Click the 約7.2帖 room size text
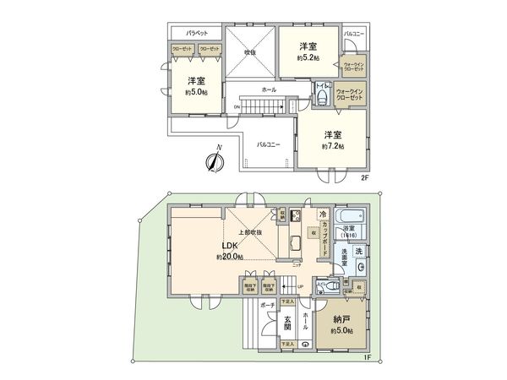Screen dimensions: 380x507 [x=333, y=145]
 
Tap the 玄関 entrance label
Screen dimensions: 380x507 [x=287, y=323]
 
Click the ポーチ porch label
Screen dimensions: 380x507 [x=267, y=302]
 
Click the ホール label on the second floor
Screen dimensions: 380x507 [x=269, y=89]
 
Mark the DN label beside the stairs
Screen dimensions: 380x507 [x=237, y=107]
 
